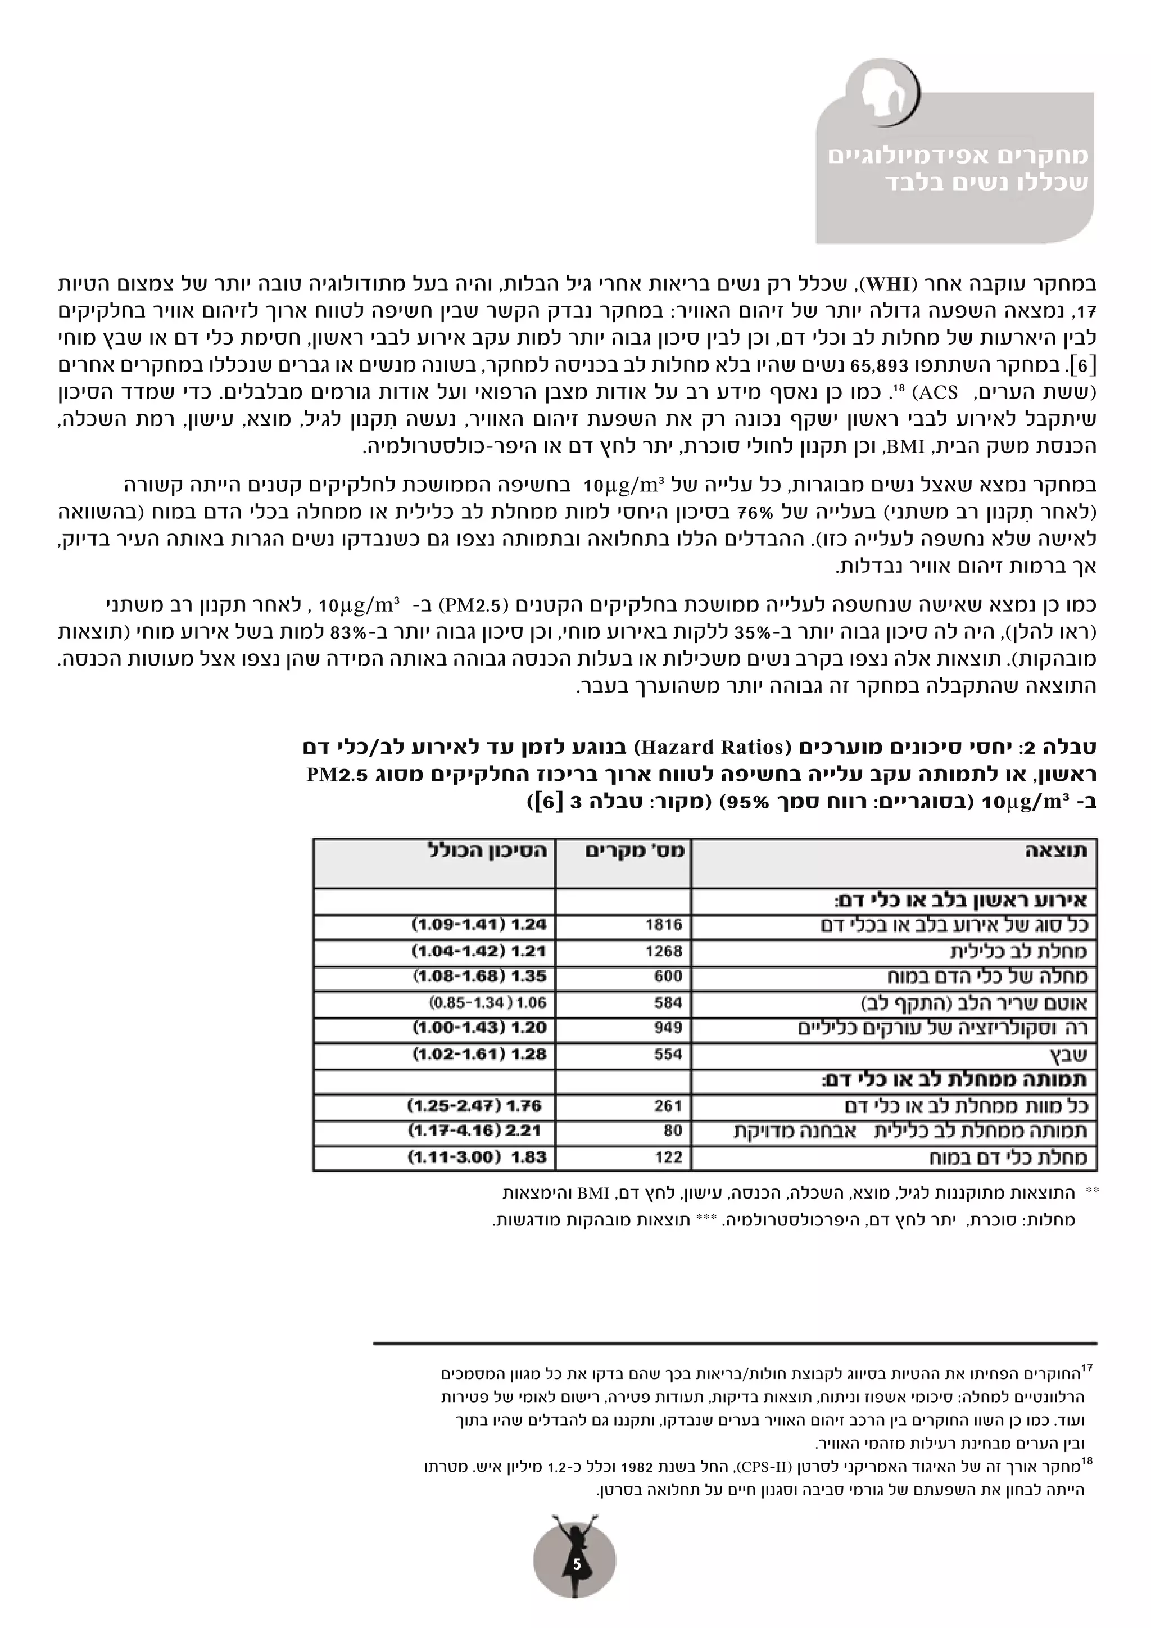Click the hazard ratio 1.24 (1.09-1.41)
(479, 925)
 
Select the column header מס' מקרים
(635, 851)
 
